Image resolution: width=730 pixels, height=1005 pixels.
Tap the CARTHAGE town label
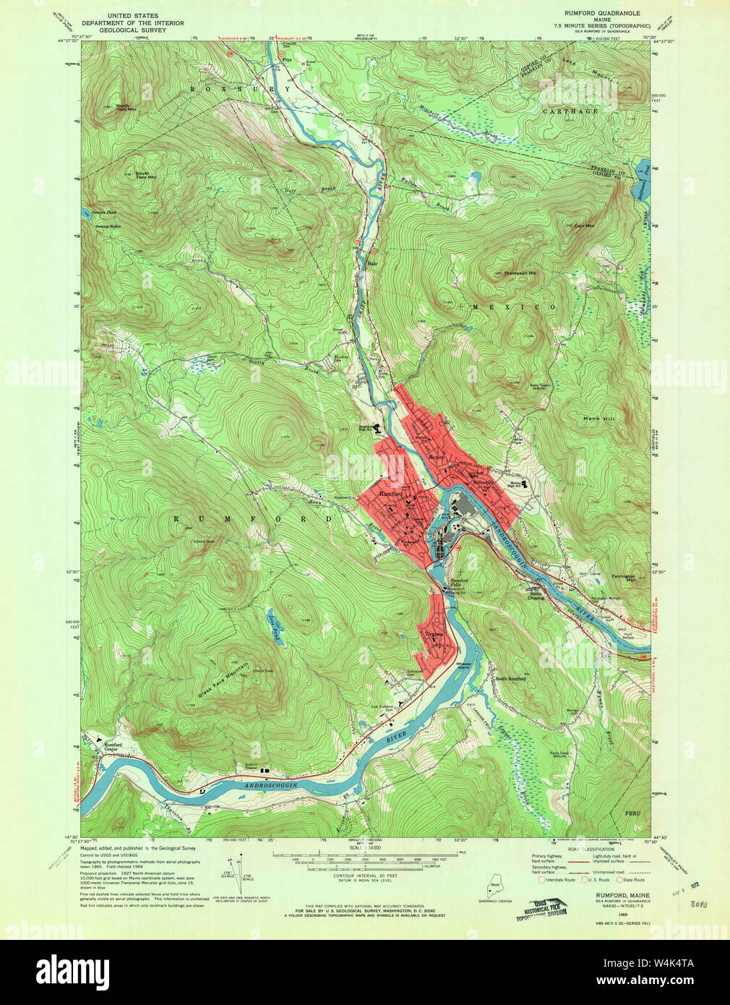[571, 111]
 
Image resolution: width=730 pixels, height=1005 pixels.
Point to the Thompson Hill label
[520, 273]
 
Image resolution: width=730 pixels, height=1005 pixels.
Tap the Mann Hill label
[600, 419]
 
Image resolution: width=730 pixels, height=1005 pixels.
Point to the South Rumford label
[510, 679]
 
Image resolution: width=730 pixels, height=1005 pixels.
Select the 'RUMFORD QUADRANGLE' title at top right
[602, 13]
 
